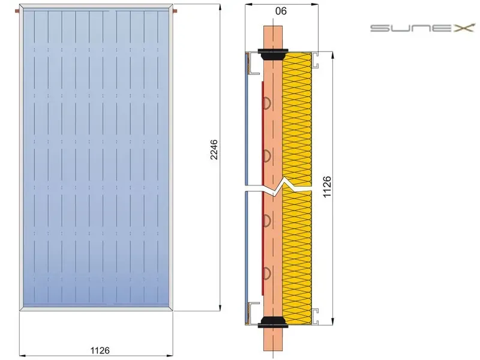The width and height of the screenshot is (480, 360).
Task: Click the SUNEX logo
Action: coord(422,28)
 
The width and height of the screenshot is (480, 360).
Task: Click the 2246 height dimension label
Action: coord(214,149)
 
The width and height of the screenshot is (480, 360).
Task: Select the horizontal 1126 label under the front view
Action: coord(100,350)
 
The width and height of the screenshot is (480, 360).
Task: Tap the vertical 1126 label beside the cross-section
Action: coord(327,187)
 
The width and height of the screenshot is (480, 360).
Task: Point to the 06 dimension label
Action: coord(281,11)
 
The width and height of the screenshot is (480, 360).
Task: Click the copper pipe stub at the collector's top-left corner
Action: coord(17,11)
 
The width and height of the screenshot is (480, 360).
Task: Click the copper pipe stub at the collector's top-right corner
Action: coord(175,11)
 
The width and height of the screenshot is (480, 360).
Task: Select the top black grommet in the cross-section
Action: coord(273,54)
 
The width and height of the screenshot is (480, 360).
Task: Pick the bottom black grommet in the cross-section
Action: coord(273,322)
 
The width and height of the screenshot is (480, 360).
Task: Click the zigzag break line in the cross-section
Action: coord(278,188)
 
